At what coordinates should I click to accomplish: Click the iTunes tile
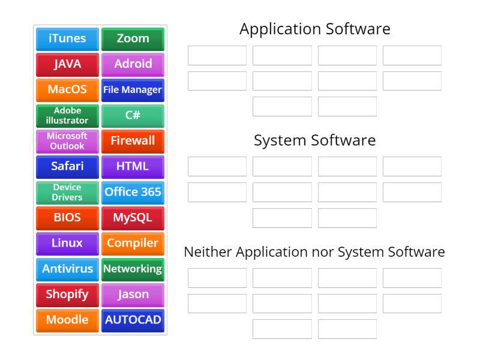pyautogui.click(x=67, y=38)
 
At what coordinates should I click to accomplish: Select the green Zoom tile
pyautogui.click(x=133, y=38)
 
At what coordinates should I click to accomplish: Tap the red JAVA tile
pyautogui.click(x=67, y=64)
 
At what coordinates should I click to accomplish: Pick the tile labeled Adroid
pyautogui.click(x=133, y=64)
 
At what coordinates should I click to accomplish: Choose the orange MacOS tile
pyautogui.click(x=67, y=90)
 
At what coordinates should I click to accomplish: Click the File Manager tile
pyautogui.click(x=133, y=90)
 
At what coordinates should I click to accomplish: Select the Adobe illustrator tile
pyautogui.click(x=67, y=115)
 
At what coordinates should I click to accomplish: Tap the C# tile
pyautogui.click(x=133, y=115)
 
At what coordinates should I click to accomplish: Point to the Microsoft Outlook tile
pyautogui.click(x=67, y=141)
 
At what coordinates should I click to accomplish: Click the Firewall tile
pyautogui.click(x=133, y=141)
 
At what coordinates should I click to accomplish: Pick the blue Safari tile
pyautogui.click(x=67, y=167)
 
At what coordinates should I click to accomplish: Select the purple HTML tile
pyautogui.click(x=133, y=167)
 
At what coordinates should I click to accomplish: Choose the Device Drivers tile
pyautogui.click(x=67, y=192)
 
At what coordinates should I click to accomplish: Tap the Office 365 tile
pyautogui.click(x=133, y=192)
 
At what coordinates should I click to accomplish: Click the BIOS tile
pyautogui.click(x=67, y=218)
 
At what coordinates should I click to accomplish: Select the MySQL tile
pyautogui.click(x=133, y=218)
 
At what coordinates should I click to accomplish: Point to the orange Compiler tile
pyautogui.click(x=133, y=244)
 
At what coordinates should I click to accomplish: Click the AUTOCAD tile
pyautogui.click(x=133, y=320)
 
